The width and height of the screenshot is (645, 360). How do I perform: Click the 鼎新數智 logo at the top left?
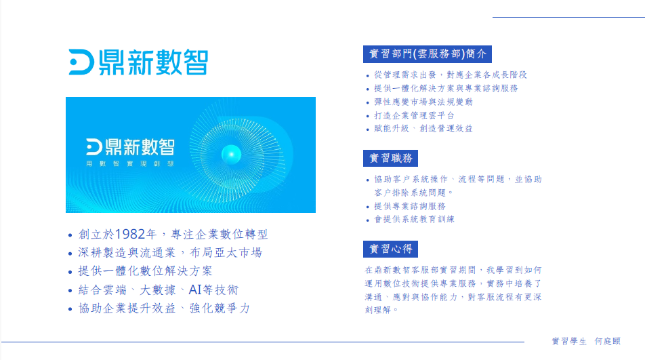click(x=138, y=62)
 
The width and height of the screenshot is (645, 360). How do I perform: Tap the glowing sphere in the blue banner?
click(x=231, y=155)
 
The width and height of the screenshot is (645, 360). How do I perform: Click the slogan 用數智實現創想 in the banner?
click(x=130, y=163)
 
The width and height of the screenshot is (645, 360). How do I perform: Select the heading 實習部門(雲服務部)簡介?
click(x=428, y=54)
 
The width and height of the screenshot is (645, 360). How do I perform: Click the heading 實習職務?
click(x=390, y=158)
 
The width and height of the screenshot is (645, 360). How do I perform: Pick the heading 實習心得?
click(x=390, y=249)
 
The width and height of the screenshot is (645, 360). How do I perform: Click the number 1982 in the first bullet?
click(x=130, y=234)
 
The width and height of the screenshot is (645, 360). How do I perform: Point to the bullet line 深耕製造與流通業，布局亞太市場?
click(x=170, y=253)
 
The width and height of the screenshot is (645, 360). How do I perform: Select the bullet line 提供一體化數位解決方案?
click(x=145, y=271)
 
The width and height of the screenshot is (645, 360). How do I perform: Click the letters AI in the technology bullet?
click(x=195, y=289)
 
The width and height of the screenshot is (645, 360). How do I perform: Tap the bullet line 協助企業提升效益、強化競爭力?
click(x=164, y=308)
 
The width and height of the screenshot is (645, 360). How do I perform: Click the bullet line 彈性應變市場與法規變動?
click(x=423, y=102)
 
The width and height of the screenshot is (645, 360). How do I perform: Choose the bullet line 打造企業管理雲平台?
click(x=414, y=116)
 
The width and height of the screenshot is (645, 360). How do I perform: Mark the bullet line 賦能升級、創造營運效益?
click(x=423, y=128)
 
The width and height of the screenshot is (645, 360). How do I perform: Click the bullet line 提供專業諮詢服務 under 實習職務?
click(x=410, y=206)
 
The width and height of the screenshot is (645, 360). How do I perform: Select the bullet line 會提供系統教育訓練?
click(x=414, y=219)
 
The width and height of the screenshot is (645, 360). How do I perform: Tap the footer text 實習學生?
click(x=569, y=341)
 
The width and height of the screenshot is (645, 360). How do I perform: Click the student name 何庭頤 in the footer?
click(x=608, y=341)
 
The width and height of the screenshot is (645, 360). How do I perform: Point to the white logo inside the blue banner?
click(x=130, y=147)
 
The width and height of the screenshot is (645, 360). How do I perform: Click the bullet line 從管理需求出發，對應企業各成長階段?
click(x=451, y=75)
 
